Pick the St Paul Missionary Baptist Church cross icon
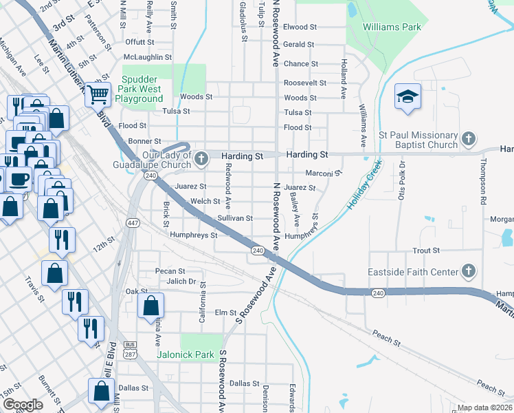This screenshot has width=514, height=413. coord(469,140)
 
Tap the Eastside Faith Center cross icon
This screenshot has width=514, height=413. coord(469,271)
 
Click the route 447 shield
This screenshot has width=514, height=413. coord(132,222)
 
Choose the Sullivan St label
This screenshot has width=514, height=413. coord(235,218)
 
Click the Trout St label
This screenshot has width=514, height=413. coord(426,251)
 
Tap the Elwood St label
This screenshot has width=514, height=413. coord(300,27)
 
